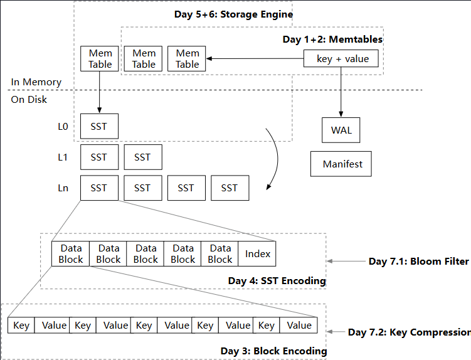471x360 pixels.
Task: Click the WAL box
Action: click(x=341, y=130)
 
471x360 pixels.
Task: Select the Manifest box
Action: click(x=341, y=164)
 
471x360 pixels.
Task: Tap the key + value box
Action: click(x=341, y=58)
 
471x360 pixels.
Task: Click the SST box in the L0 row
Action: click(x=100, y=126)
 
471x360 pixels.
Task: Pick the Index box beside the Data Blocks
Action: click(x=257, y=253)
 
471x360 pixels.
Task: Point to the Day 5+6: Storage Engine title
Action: click(x=233, y=14)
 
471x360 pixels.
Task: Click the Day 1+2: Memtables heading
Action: click(x=332, y=40)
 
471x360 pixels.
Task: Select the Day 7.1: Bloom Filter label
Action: click(x=419, y=261)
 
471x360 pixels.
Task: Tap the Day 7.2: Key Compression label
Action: click(x=409, y=332)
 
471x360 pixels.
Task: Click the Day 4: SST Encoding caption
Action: click(x=277, y=281)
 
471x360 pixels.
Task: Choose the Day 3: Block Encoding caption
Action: click(x=273, y=351)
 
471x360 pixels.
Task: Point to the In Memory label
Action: click(x=36, y=82)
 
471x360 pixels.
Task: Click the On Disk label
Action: click(x=29, y=100)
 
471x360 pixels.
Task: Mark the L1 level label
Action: click(x=63, y=157)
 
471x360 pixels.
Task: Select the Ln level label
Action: click(x=63, y=188)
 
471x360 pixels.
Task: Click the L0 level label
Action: click(x=63, y=127)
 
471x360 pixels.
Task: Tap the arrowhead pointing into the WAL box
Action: click(x=341, y=115)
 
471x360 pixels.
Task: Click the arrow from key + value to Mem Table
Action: click(x=255, y=58)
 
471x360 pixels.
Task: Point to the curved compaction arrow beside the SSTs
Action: click(x=278, y=159)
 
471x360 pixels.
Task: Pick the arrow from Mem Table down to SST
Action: click(x=100, y=92)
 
